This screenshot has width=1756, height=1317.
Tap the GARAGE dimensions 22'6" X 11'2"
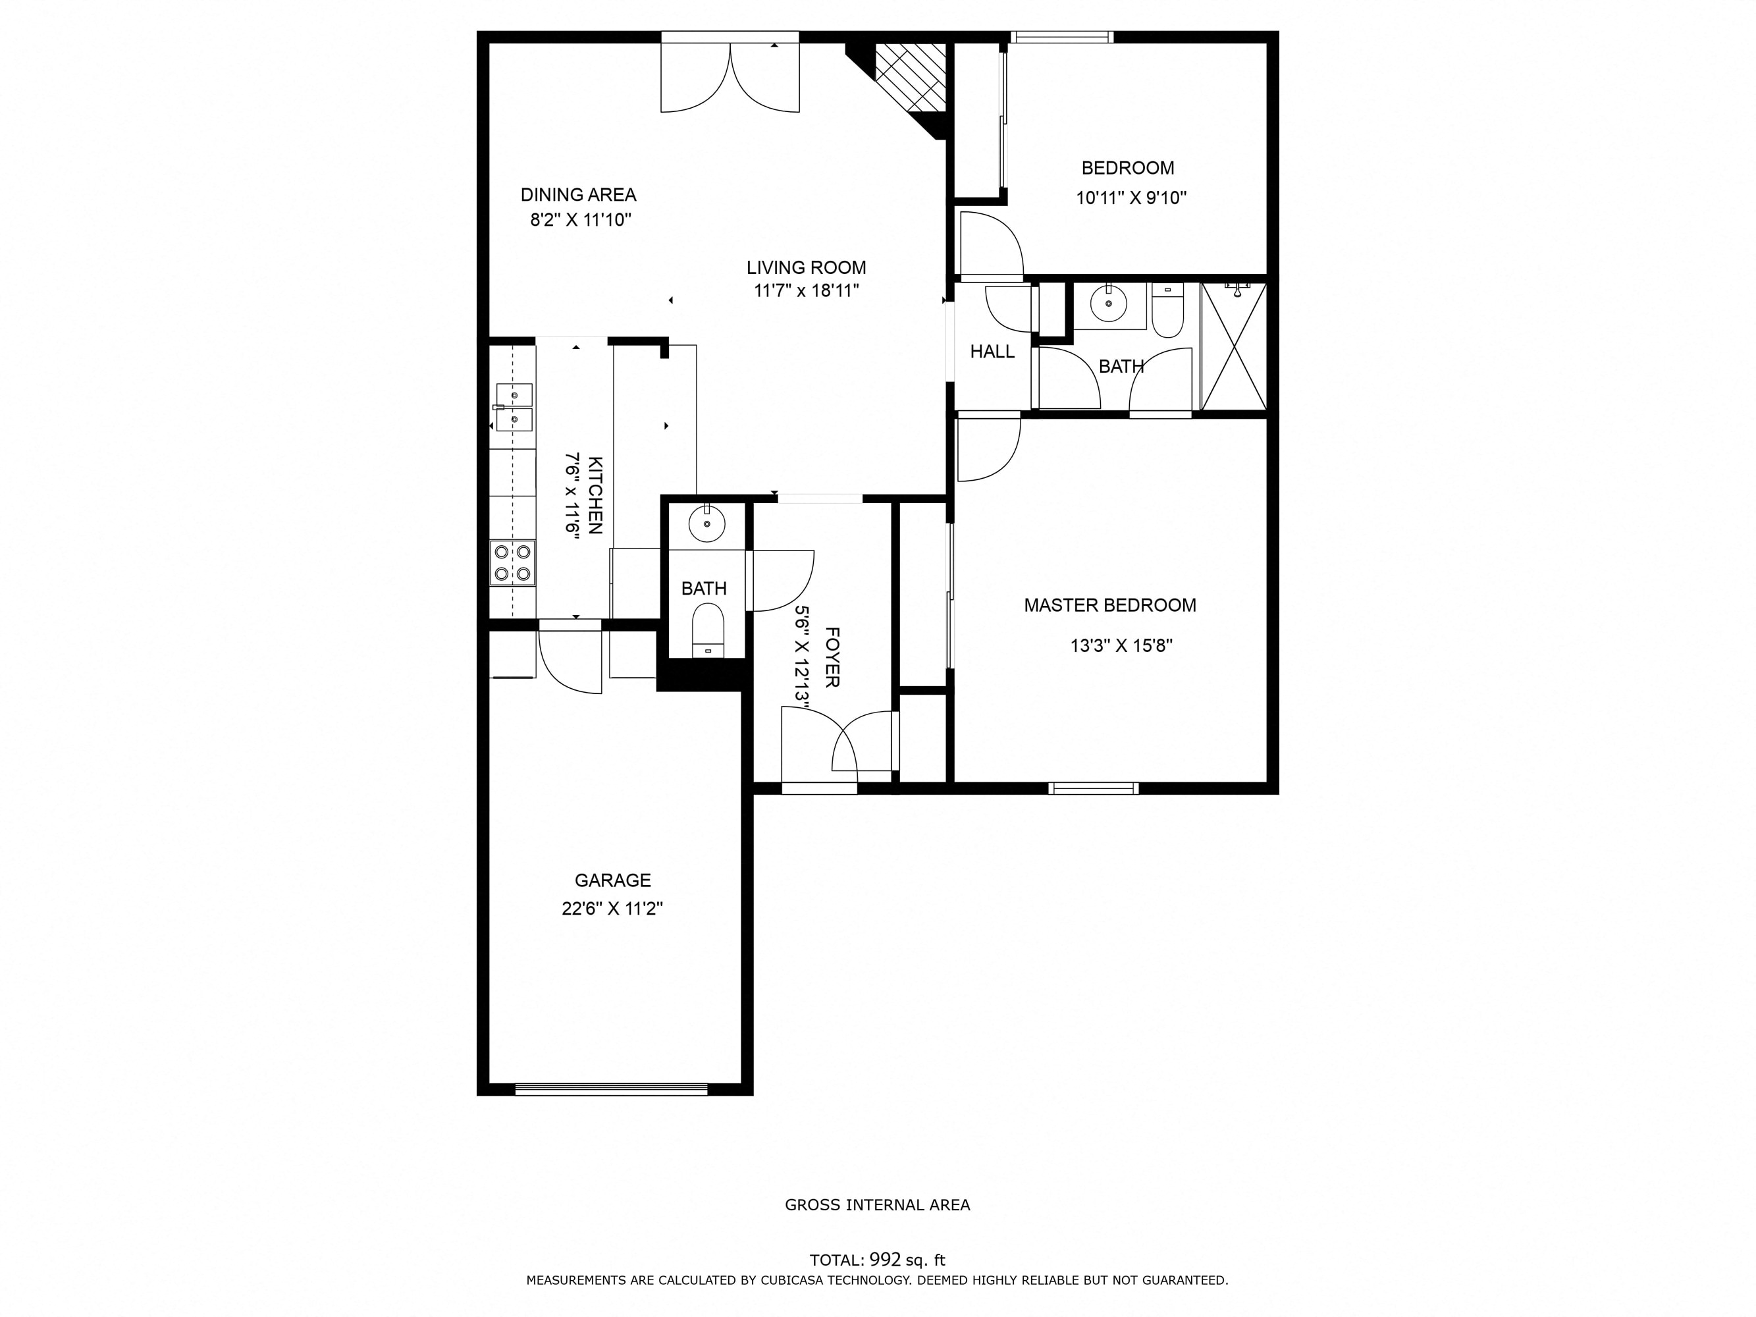point(612,909)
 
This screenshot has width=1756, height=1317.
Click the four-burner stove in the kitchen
point(512,563)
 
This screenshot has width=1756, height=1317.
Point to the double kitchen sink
point(514,407)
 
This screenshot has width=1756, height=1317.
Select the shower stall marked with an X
point(1234,347)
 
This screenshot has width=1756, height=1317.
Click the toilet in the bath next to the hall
point(1167,312)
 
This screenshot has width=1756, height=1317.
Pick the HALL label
point(992,352)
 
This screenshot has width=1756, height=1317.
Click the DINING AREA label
point(578,194)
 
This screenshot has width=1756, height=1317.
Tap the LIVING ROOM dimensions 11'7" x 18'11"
point(806,291)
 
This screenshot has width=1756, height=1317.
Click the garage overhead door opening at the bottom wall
point(610,1089)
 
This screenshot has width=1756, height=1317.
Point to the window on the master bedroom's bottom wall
point(1093,788)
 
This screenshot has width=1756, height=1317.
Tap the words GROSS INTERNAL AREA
point(877,1205)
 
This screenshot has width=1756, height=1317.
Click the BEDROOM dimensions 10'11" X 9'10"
point(1131,198)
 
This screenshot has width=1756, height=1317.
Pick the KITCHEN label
point(595,495)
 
